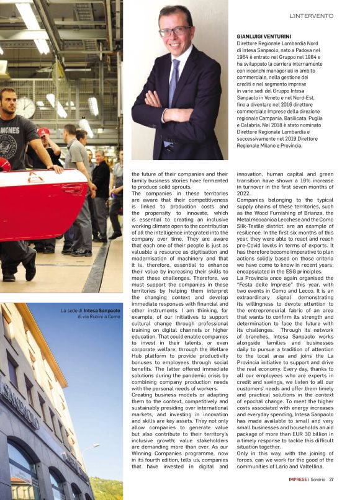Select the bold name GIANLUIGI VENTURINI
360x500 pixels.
pos(268,37)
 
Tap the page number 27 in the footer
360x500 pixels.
pos(332,479)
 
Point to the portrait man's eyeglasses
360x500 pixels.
pos(175,30)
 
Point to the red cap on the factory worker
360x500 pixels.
pos(43,132)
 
